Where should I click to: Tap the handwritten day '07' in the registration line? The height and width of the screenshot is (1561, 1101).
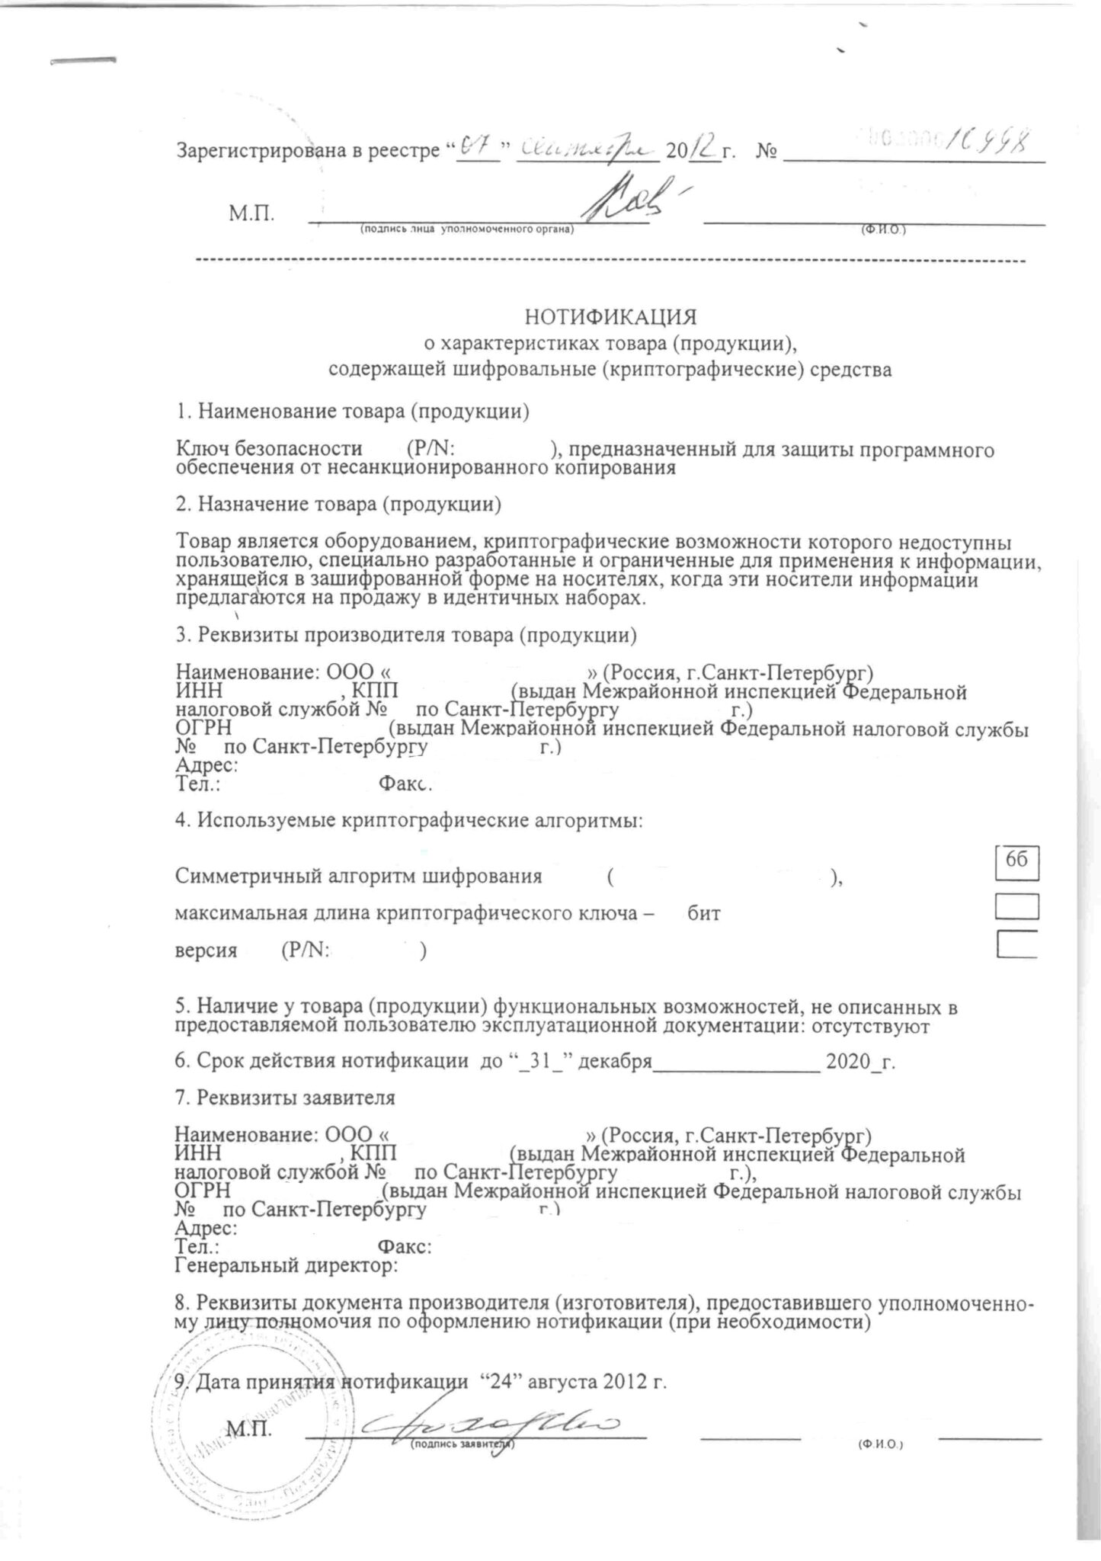click(x=478, y=147)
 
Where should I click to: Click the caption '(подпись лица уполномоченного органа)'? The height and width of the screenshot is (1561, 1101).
click(x=466, y=229)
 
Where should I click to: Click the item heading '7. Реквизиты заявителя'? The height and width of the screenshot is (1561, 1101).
click(x=285, y=1098)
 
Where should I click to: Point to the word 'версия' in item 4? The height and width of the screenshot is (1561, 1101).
click(x=206, y=950)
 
